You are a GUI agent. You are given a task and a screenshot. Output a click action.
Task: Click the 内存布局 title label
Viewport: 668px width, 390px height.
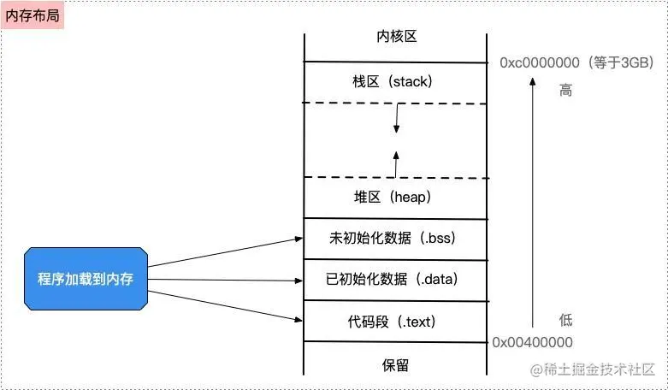(33, 15)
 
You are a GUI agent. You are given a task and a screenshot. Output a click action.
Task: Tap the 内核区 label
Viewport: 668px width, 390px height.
(396, 37)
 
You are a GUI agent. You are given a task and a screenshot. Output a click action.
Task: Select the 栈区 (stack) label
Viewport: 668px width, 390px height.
(393, 83)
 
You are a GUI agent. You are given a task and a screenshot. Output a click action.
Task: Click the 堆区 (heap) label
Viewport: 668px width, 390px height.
(393, 197)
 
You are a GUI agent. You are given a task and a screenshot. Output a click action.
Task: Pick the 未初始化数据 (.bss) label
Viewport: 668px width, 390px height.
(395, 237)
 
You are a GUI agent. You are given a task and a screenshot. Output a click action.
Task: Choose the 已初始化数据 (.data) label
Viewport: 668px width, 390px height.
(395, 279)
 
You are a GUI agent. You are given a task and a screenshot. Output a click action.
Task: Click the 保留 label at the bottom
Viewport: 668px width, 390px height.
(395, 365)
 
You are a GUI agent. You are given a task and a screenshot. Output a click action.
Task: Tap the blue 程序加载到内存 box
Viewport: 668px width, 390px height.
(86, 279)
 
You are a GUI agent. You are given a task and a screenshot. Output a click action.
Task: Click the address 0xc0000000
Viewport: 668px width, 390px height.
(535, 62)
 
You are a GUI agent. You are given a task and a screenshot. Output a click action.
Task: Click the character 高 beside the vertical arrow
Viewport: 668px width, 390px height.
(565, 90)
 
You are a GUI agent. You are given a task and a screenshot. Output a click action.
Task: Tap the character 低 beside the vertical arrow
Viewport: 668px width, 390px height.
(565, 321)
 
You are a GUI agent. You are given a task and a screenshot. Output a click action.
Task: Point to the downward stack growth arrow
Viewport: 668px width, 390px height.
(396, 120)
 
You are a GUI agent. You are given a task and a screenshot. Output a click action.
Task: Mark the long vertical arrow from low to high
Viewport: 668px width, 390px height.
(532, 205)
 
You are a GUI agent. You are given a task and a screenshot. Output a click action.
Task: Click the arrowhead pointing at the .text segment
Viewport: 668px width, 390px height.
(298, 321)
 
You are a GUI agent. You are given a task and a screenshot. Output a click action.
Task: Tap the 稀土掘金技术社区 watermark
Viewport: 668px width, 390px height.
(592, 370)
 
